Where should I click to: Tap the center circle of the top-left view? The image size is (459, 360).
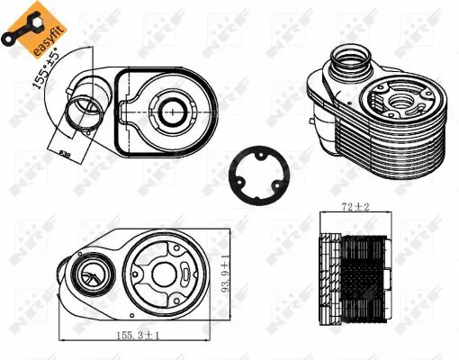pos(170,111)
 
